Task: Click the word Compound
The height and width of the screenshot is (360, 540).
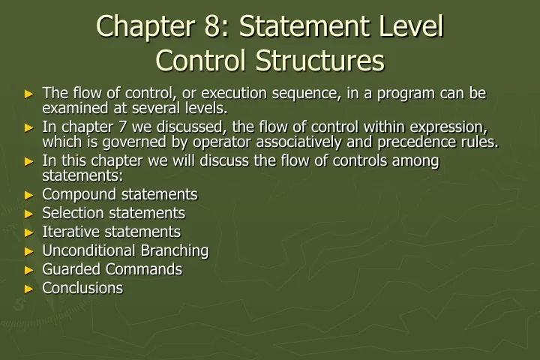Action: [x=76, y=194]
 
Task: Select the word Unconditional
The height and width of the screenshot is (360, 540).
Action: [x=88, y=250]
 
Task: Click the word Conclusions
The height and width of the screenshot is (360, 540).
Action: [x=82, y=288]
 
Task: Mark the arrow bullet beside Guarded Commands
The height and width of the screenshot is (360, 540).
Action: [x=29, y=270]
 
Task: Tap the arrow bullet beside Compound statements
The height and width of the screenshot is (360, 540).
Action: [x=29, y=195]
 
